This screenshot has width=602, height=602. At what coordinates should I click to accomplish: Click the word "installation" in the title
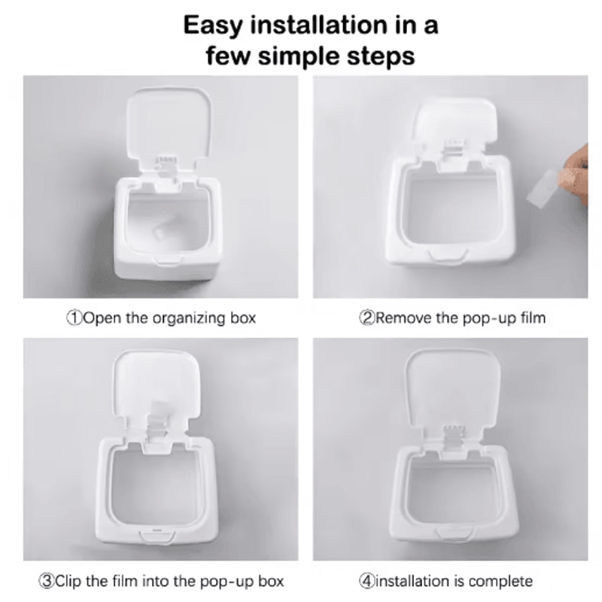[318, 26]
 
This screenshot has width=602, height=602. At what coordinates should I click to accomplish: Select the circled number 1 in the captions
[74, 318]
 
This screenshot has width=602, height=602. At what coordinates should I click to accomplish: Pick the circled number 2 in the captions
[366, 318]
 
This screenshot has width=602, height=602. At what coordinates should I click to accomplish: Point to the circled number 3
[47, 581]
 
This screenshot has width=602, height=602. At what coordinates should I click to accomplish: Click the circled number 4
[366, 581]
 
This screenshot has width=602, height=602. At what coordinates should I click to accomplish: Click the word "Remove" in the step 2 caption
[403, 318]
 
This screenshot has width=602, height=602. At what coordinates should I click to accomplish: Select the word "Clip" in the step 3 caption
[68, 581]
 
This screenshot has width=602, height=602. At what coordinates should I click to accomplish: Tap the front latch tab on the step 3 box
[157, 536]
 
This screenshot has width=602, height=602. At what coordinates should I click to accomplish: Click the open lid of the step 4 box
[453, 388]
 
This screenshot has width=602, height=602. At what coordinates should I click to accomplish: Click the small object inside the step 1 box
[160, 231]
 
